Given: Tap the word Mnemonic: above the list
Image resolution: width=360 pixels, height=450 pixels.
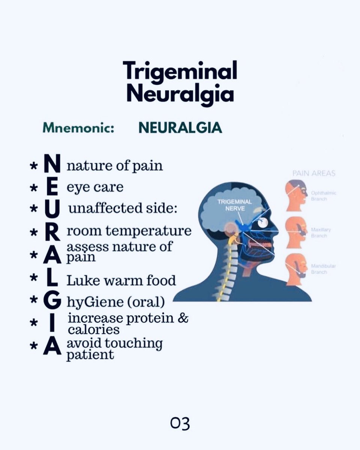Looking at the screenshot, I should point(78,128).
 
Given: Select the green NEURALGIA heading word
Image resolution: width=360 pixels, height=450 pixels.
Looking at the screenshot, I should point(180,128).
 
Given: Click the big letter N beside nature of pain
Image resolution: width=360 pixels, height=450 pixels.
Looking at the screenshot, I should point(52,165).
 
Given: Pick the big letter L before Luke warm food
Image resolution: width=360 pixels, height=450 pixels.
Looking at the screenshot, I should point(52,280).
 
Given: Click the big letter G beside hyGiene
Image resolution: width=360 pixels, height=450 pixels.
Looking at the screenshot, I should point(52,301).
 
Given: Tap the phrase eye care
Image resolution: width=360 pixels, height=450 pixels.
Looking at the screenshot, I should point(95,187).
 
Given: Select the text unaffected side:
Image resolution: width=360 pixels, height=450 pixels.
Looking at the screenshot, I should point(123,208).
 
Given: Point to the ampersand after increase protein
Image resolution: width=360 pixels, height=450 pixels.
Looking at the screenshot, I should point(183,318).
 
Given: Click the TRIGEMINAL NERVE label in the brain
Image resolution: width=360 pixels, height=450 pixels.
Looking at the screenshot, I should point(235,205).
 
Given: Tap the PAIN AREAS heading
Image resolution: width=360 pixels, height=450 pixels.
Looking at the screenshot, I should point(314,174).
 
